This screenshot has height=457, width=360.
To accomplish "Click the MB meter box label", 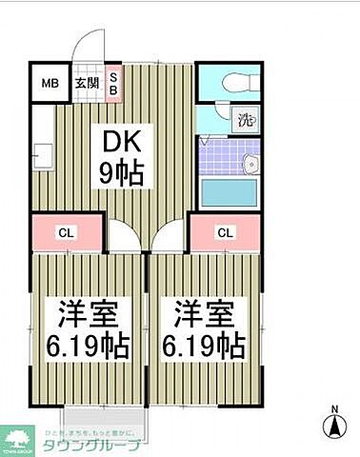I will click(x=50, y=84).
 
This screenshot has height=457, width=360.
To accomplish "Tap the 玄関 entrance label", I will click(x=87, y=84).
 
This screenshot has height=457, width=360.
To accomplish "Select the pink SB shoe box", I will click(x=112, y=83).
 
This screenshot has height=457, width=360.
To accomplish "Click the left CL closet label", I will click(x=66, y=231).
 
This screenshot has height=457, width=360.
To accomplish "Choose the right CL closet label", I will click(x=226, y=231).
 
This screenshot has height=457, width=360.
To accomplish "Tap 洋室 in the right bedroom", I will click(x=202, y=313).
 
